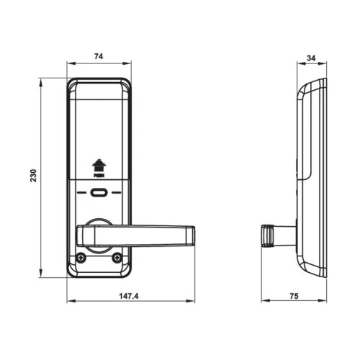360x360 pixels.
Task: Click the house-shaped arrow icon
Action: [99, 165]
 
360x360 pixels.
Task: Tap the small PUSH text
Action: [99, 176]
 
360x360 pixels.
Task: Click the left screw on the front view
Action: [81, 257]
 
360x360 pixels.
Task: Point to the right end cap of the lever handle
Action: [192, 235]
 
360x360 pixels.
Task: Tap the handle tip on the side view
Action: [266, 235]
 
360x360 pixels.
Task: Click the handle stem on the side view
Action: [286, 234]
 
